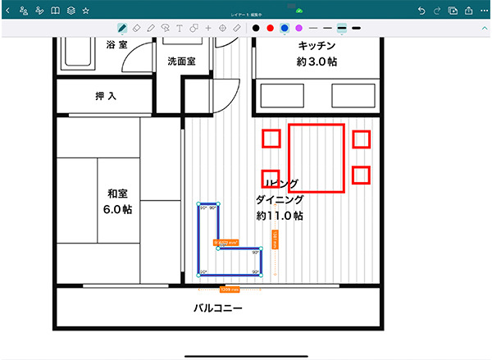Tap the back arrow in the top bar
(8, 11)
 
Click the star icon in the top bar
(84, 11)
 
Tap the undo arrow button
(421, 11)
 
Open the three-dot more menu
(484, 11)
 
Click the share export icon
(467, 11)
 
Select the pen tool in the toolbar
(122, 29)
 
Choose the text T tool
(180, 29)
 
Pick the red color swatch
(270, 29)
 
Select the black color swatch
(256, 29)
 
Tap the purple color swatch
(298, 29)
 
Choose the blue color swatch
(284, 29)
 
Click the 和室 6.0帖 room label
(118, 202)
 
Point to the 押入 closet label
(106, 97)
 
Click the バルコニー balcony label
(217, 309)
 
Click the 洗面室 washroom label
(182, 61)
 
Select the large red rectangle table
(316, 157)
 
